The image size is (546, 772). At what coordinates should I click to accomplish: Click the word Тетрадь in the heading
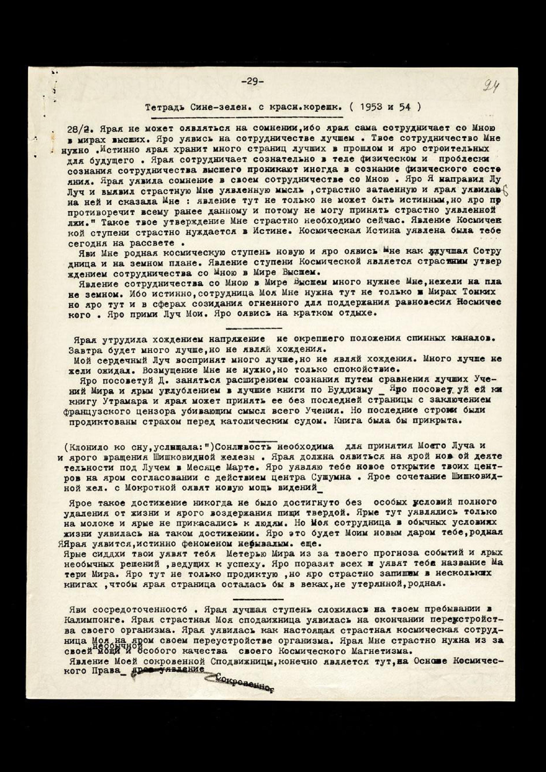pyautogui.click(x=162, y=108)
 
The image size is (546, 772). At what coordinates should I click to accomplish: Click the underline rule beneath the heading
pyautogui.click(x=247, y=117)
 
